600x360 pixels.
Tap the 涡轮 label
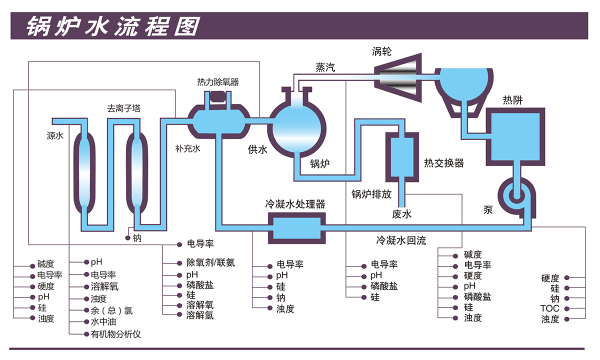(x=381, y=51)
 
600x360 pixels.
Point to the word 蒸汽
(x=325, y=67)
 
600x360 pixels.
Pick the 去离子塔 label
(x=123, y=108)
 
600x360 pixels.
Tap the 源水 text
(x=55, y=135)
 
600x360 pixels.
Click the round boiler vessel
(x=298, y=127)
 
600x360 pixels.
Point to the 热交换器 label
(x=444, y=163)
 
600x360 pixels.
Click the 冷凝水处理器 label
(x=295, y=204)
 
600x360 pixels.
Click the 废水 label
(x=401, y=214)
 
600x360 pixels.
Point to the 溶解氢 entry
(x=200, y=315)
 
